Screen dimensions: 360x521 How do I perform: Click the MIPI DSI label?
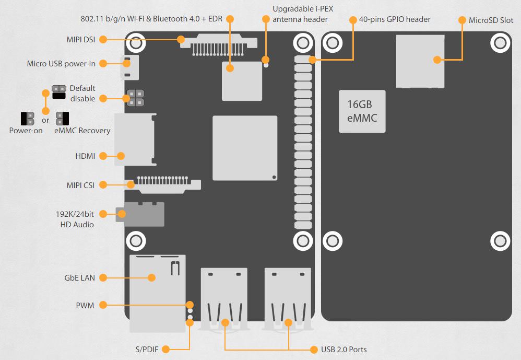pyautogui.click(x=81, y=39)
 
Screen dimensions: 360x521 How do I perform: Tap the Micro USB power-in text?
pyautogui.click(x=61, y=64)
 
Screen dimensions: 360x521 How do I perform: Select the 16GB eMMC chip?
pyautogui.click(x=362, y=111)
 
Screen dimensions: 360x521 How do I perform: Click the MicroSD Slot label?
pyautogui.click(x=491, y=20)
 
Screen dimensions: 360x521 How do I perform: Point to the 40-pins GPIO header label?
pyautogui.click(x=395, y=19)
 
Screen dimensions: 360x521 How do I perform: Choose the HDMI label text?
pyautogui.click(x=85, y=156)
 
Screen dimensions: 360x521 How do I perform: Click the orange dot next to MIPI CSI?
pyautogui.click(x=103, y=184)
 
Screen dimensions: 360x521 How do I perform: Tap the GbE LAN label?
pyautogui.click(x=79, y=277)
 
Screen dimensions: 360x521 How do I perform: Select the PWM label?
pyautogui.click(x=85, y=305)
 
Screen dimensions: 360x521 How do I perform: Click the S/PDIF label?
pyautogui.click(x=148, y=349)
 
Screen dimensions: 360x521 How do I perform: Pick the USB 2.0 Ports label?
pyautogui.click(x=345, y=349)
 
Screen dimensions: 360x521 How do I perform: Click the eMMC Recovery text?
pyautogui.click(x=82, y=131)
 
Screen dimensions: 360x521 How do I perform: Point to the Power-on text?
pyautogui.click(x=26, y=131)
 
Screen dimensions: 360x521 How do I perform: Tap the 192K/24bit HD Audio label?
pyautogui.click(x=75, y=219)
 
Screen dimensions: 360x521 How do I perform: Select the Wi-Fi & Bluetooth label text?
pyautogui.click(x=151, y=19)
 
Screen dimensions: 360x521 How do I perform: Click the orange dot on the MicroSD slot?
pyautogui.click(x=437, y=60)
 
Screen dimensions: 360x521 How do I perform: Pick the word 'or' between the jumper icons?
pyautogui.click(x=45, y=120)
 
